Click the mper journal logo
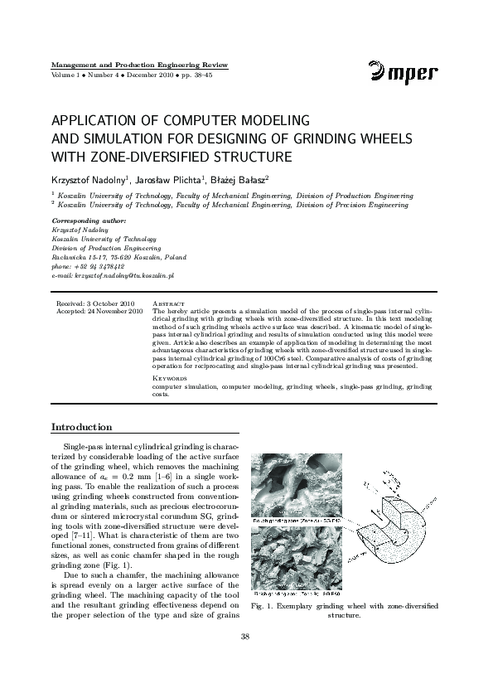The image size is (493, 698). [x=404, y=73]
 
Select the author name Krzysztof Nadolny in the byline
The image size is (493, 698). [x=92, y=180]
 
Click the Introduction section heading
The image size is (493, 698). [x=82, y=427]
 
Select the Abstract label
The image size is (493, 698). [x=169, y=304]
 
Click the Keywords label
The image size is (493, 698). [x=171, y=378]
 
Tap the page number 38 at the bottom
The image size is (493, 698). [x=245, y=637]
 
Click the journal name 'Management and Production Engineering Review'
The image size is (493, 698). [x=139, y=65]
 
